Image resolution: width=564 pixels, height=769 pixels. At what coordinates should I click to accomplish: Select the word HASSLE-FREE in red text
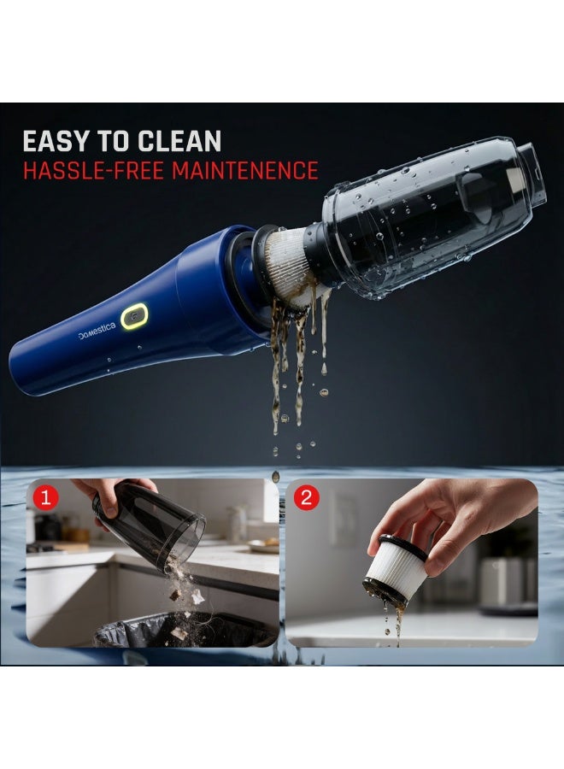coord(92,169)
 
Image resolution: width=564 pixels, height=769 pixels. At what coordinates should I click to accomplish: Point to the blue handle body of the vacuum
coord(128,333)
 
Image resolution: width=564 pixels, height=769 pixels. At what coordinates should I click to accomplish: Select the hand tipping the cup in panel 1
coord(107,491)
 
